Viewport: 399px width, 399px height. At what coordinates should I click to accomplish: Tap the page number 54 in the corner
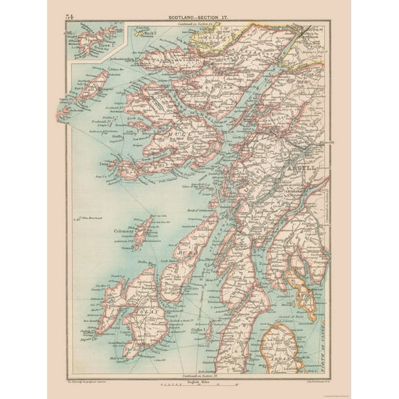(x=70, y=16)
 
